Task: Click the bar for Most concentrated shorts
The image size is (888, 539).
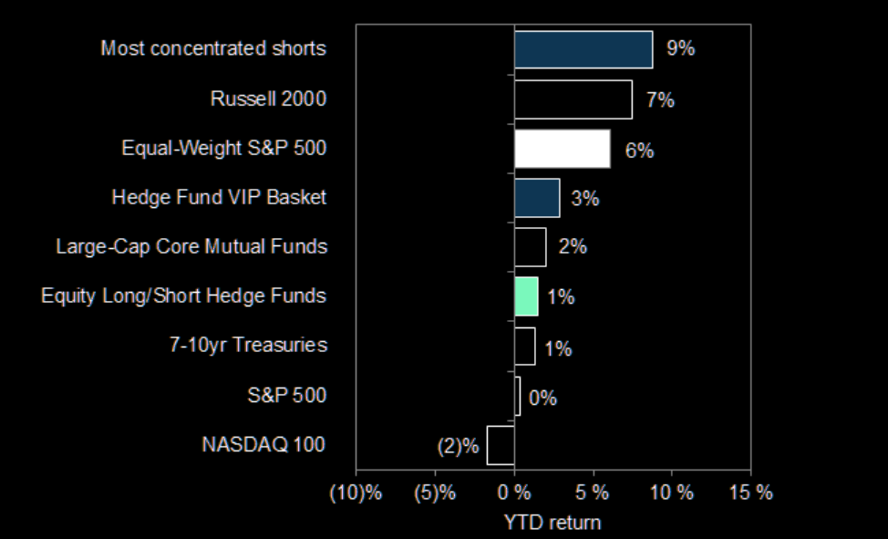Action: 583,49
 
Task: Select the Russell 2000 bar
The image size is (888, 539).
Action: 573,99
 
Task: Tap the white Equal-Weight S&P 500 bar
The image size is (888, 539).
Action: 563,149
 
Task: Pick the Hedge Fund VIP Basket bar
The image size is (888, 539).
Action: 537,198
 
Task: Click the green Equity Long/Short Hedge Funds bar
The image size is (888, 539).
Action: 526,296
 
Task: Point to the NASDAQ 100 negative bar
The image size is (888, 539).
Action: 501,445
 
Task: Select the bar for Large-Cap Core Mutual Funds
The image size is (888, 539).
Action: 531,247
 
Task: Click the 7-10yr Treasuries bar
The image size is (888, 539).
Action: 525,347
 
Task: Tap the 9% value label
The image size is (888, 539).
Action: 680,49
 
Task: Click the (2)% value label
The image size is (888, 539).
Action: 459,446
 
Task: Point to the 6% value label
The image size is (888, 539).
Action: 639,150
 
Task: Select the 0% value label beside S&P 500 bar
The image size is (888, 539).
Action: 542,398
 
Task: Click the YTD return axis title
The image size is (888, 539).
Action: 552,523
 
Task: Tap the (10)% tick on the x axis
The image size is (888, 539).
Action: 356,493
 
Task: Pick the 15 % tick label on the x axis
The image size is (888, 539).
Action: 750,493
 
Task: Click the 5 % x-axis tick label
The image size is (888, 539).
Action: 594,493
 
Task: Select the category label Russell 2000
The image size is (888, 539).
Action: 268,98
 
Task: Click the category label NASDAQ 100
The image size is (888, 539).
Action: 263,445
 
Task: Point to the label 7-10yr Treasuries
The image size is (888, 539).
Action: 250,346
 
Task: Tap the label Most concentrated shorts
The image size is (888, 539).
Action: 213,48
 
